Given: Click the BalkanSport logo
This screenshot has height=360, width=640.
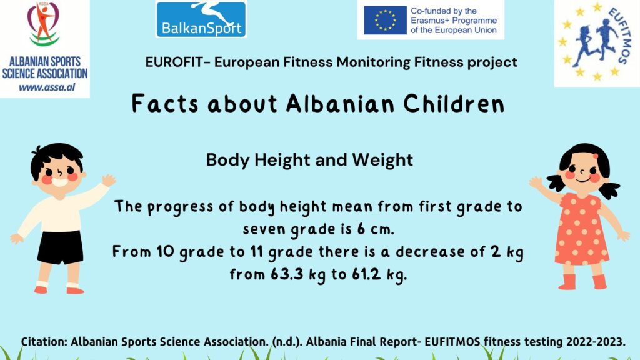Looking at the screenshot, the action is (201, 19).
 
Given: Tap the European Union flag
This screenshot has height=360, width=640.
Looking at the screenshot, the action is (385, 20).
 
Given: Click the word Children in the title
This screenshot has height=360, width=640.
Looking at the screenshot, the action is (454, 104).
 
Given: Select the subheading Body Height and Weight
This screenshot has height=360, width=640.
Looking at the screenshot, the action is (309, 159).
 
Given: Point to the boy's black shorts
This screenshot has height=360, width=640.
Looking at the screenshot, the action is (61, 247).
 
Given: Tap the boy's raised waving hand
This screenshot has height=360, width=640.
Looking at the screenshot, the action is (109, 180).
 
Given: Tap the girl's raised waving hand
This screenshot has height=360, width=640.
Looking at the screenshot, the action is (536, 182).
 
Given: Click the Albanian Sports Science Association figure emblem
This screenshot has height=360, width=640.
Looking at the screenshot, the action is (44, 24).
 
